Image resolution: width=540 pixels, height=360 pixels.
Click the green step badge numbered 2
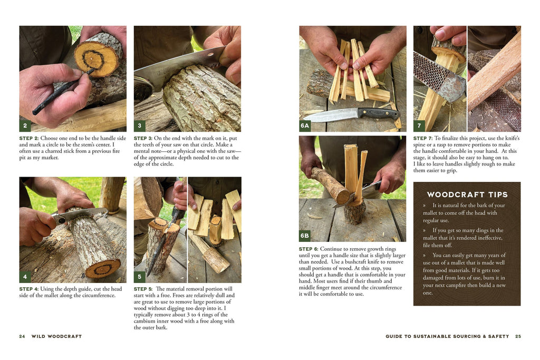point(25,125)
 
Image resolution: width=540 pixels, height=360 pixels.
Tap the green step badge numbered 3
point(139,125)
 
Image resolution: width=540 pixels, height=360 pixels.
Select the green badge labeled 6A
point(305,125)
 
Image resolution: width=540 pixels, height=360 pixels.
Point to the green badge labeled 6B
point(305,236)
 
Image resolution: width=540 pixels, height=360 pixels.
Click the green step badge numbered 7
point(419,125)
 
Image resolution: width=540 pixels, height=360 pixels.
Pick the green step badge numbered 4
point(25,277)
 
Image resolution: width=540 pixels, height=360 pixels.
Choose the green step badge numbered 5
point(139,277)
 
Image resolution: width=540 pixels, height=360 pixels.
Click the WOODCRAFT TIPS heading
point(467,195)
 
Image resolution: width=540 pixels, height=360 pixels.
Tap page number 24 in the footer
point(22,336)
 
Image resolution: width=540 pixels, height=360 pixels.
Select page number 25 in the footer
point(518,336)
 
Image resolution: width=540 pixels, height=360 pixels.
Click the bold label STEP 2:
point(29,138)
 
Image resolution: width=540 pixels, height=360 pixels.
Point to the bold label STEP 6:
point(308,249)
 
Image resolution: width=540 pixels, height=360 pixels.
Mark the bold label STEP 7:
point(423,138)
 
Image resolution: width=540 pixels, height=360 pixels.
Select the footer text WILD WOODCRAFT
point(56,336)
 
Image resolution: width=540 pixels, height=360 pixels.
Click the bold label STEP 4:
point(29,289)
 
